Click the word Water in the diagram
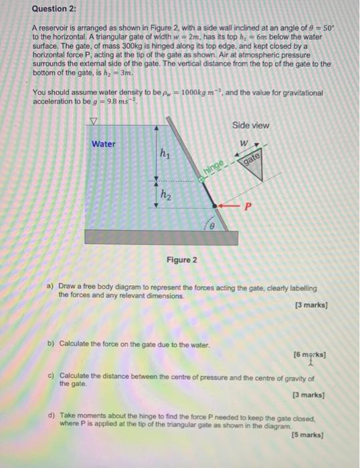coord(104,143)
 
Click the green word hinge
coord(212,172)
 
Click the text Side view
coord(251,126)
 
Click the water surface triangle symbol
coord(94,122)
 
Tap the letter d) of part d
coord(52,415)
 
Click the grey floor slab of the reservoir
coord(163,237)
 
